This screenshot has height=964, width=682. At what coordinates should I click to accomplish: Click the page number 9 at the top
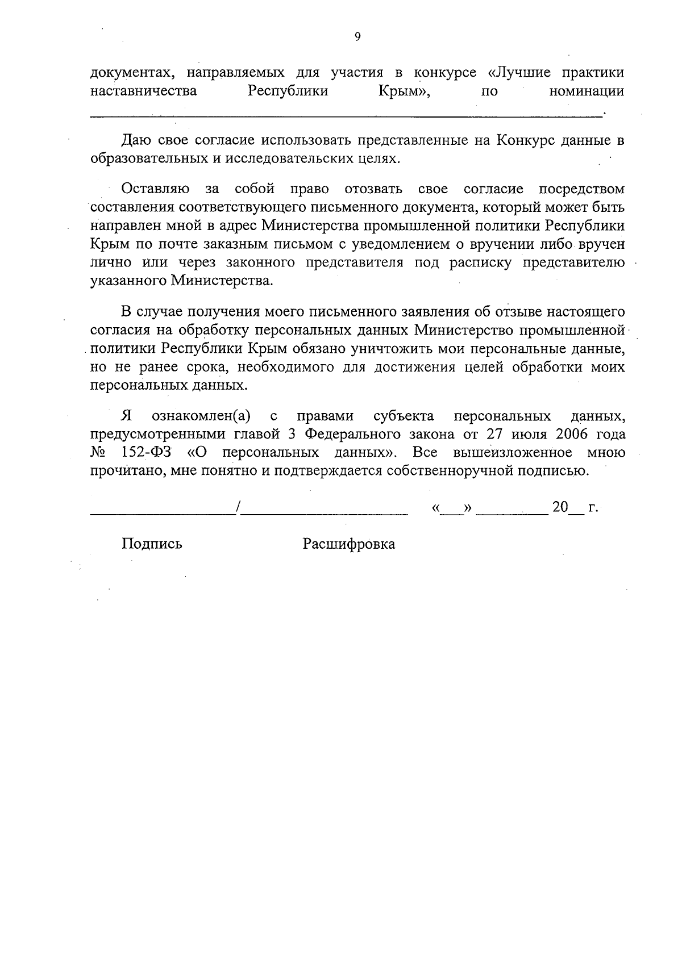[357, 37]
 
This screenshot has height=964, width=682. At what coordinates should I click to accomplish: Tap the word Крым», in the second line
[404, 91]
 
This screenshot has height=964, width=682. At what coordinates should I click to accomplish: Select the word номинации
[587, 91]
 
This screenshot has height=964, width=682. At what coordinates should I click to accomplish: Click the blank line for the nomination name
[347, 115]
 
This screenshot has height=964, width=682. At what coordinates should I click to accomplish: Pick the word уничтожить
[392, 348]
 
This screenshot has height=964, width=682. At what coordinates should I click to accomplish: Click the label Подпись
[152, 544]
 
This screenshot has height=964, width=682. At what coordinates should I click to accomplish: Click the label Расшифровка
[349, 544]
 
